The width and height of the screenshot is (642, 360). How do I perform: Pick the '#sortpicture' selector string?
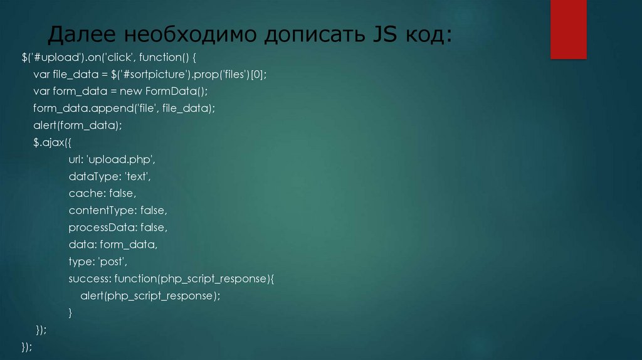pyautogui.click(x=166, y=74)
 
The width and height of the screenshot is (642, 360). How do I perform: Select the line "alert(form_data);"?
pyautogui.click(x=78, y=125)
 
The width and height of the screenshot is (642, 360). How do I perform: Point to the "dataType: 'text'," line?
pyautogui.click(x=110, y=176)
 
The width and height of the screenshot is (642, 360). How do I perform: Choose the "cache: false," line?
pyautogui.click(x=102, y=193)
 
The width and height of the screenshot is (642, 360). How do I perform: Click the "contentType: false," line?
pyautogui.click(x=118, y=209)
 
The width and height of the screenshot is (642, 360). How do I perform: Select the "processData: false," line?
pyautogui.click(x=118, y=226)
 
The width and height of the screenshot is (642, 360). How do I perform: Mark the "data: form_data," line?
pyautogui.click(x=113, y=243)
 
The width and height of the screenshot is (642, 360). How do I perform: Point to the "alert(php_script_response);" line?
pyautogui.click(x=150, y=295)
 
